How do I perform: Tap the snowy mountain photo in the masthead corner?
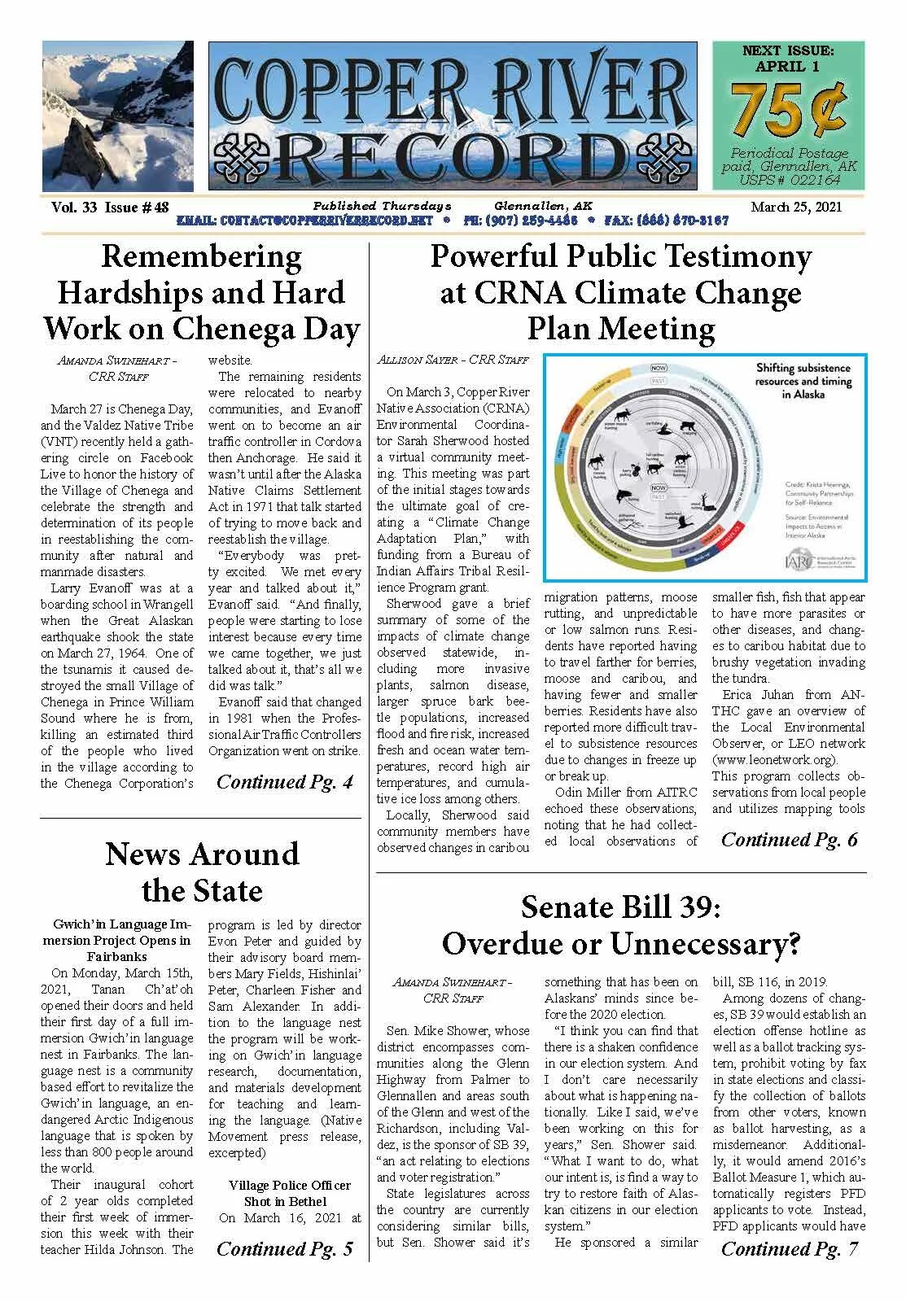coord(118,116)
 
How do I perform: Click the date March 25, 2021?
coord(796,207)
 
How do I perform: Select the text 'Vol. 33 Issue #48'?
coord(110,207)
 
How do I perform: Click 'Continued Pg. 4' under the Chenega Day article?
coord(284,782)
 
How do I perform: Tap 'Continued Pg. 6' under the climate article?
coord(789,839)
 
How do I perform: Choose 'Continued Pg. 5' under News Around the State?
coord(284,1248)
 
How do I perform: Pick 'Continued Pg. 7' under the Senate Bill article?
coord(789,1248)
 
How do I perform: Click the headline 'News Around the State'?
coord(202,872)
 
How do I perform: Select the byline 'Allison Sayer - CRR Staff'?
coord(453,359)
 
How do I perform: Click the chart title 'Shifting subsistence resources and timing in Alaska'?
coord(802,381)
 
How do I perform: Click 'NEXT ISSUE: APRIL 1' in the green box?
coord(787,59)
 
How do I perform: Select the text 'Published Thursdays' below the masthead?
coord(380,206)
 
